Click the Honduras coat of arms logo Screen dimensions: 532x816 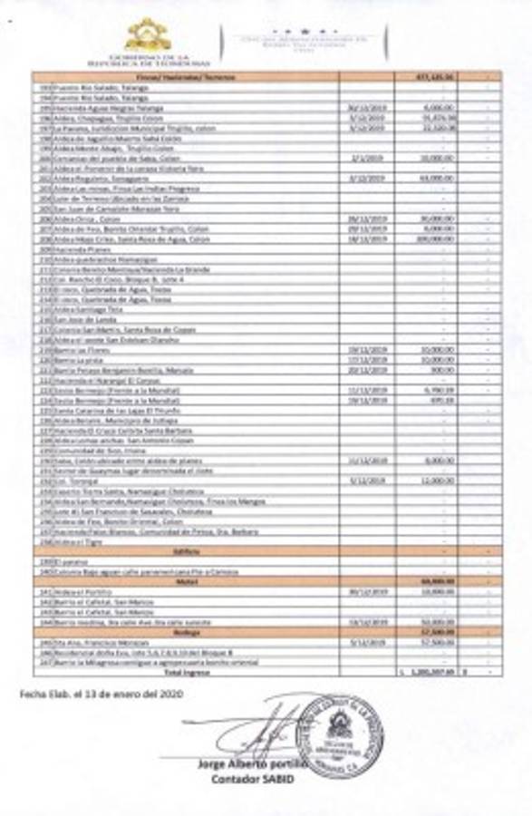coord(147,35)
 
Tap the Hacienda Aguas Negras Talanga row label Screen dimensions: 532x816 coord(101,106)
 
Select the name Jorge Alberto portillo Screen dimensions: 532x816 coord(251,764)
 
